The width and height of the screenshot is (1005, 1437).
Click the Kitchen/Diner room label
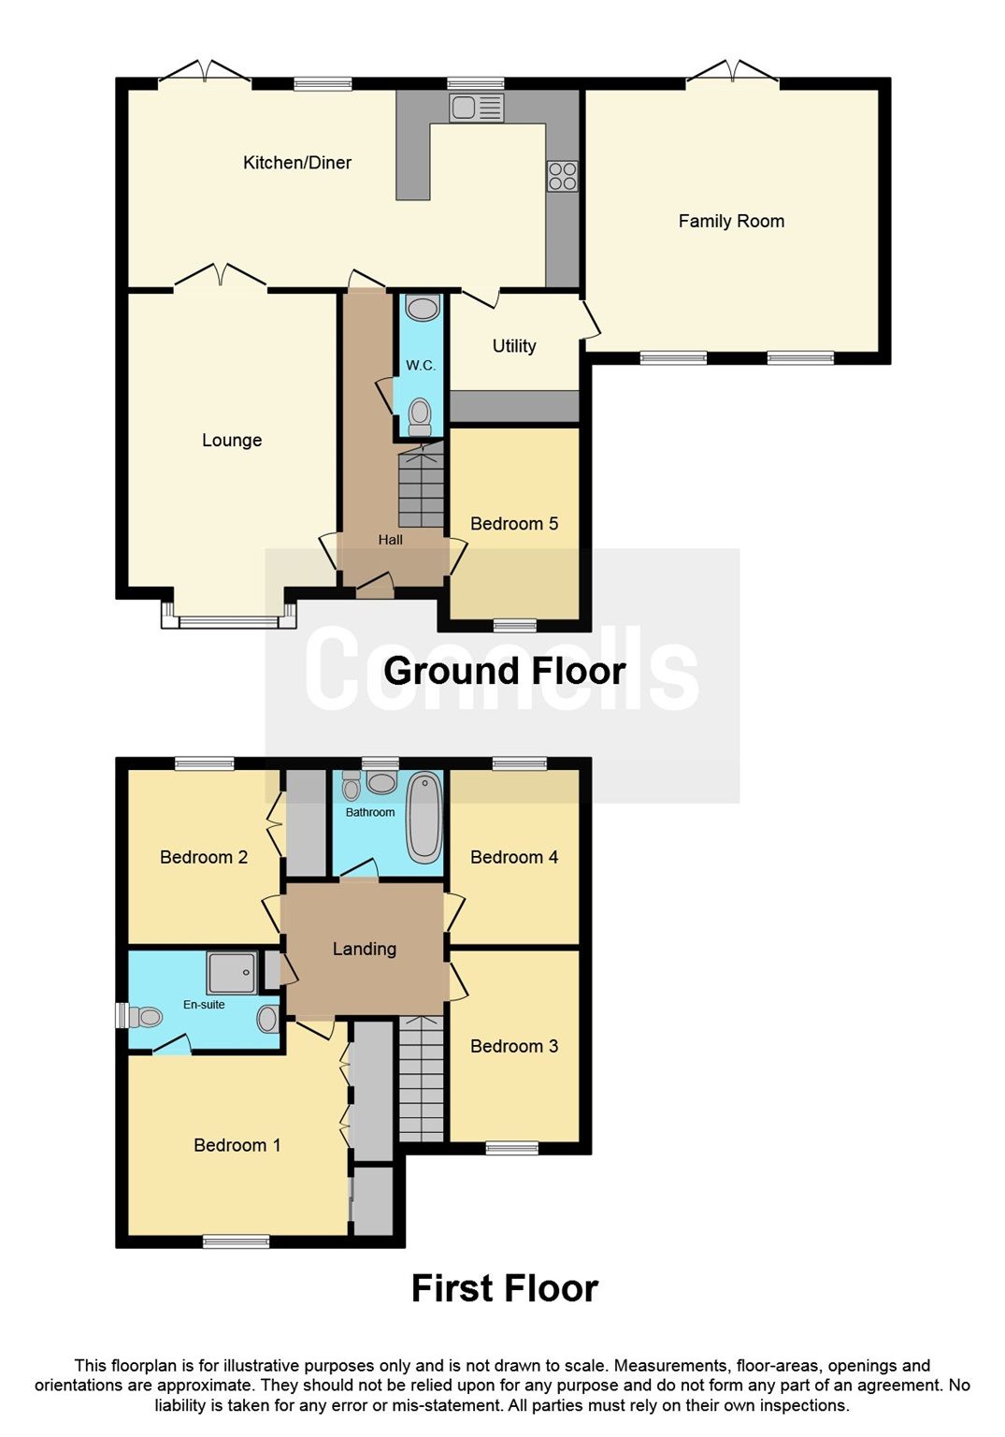[x=297, y=163]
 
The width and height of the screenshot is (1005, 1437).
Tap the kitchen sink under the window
[x=476, y=109]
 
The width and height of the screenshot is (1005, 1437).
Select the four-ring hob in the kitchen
[x=562, y=176]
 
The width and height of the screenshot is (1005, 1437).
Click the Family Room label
[x=731, y=222]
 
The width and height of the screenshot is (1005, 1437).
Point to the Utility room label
[x=514, y=346]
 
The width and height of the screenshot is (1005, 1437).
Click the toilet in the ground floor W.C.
[x=421, y=414]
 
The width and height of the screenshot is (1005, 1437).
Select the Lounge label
[x=232, y=441]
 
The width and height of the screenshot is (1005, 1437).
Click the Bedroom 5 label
[x=514, y=524]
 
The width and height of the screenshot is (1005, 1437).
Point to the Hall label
[x=391, y=540]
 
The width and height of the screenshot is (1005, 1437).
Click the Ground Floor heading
[x=504, y=671]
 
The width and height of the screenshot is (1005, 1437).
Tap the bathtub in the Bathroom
[x=424, y=817]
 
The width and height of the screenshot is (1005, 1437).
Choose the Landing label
[x=365, y=950]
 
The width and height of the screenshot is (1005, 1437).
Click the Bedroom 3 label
[x=514, y=1047]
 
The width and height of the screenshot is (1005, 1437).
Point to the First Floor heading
[x=504, y=1289]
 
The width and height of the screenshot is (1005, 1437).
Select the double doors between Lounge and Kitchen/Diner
[x=221, y=278]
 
